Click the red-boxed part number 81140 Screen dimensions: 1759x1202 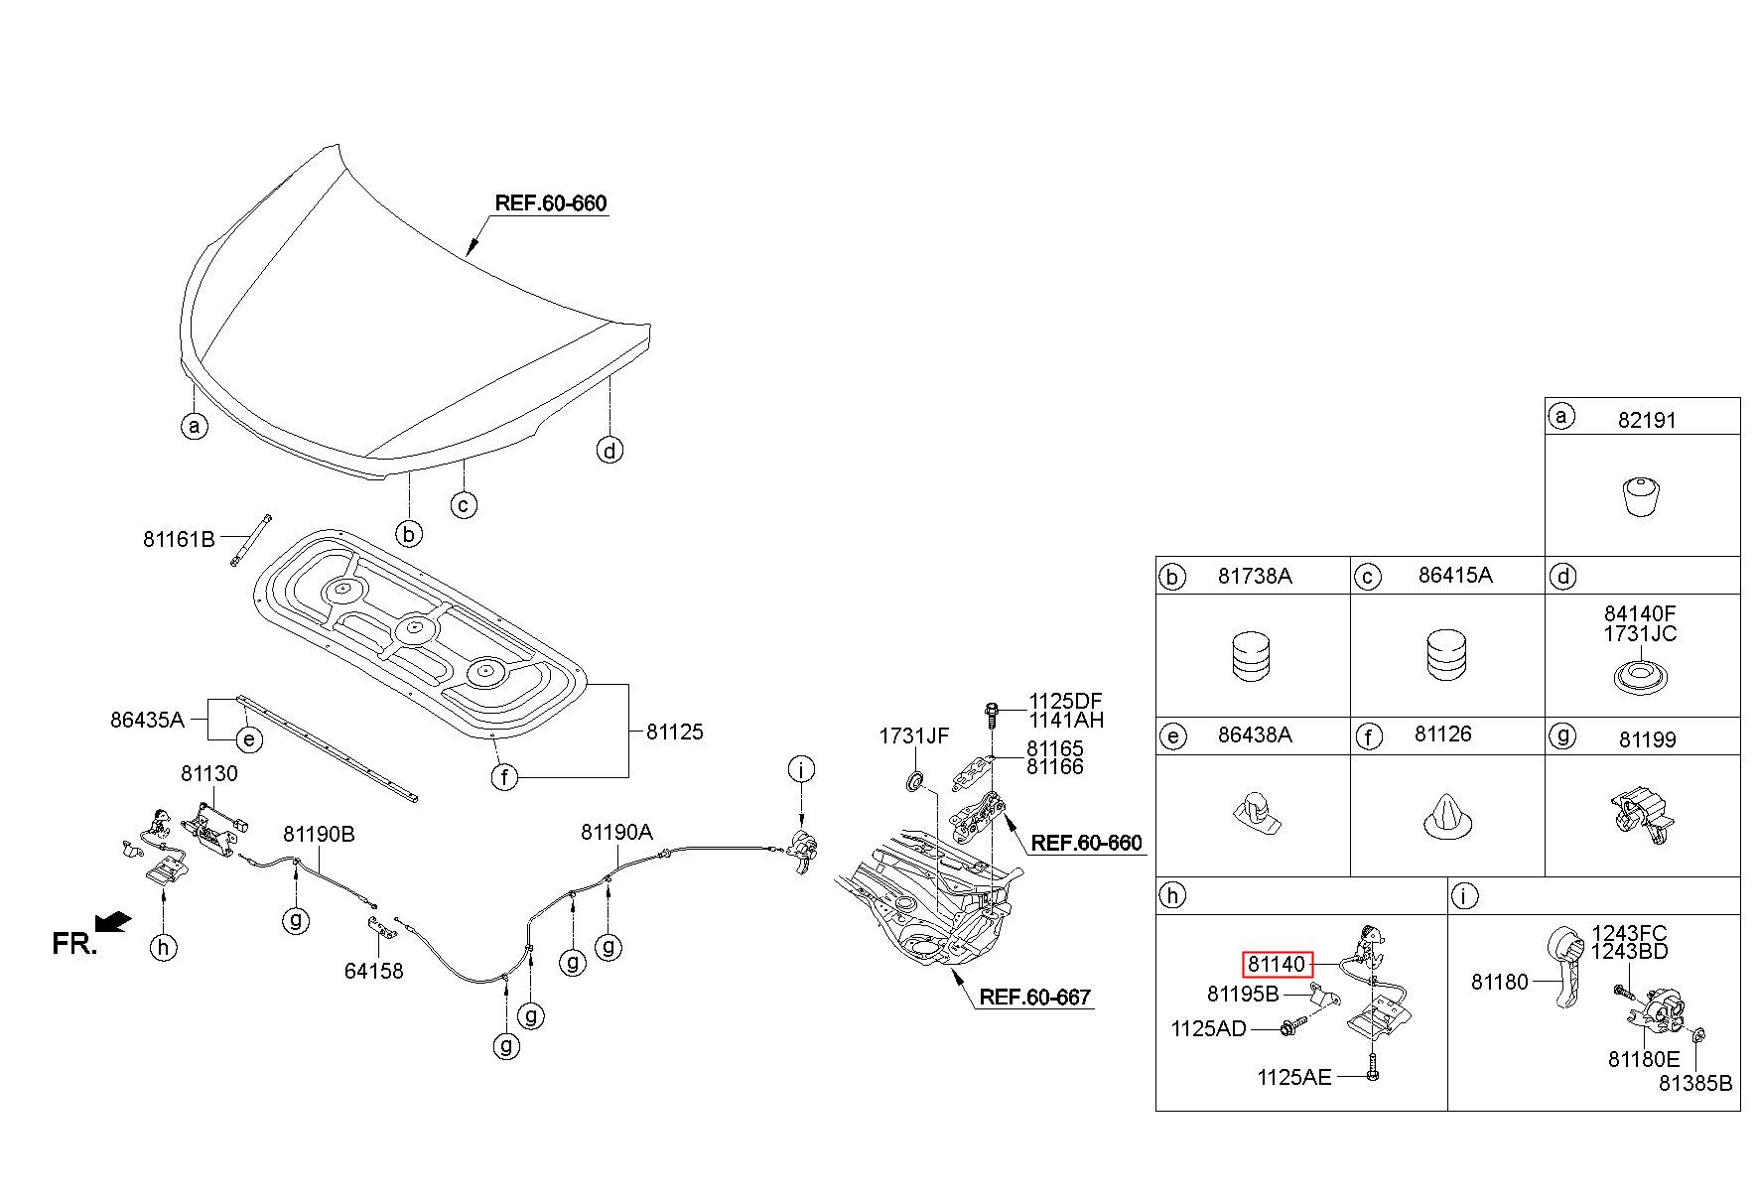(x=1277, y=964)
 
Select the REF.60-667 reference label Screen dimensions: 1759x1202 (x=1035, y=997)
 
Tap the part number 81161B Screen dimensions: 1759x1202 (x=179, y=539)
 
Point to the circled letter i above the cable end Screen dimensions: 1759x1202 (x=801, y=768)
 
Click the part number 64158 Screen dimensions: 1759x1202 (x=374, y=971)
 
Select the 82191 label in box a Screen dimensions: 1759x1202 (x=1647, y=420)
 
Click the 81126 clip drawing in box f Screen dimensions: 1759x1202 (x=1448, y=815)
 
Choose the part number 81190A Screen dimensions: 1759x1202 (x=616, y=833)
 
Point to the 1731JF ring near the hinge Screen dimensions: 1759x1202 (x=915, y=779)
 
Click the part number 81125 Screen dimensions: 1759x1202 (x=674, y=732)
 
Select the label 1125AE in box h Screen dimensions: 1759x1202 (x=1294, y=1077)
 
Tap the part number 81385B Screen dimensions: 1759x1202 (x=1694, y=1083)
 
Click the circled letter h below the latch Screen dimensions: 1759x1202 (x=164, y=948)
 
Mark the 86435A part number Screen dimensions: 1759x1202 (x=147, y=719)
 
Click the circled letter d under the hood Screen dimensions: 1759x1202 (x=609, y=450)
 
